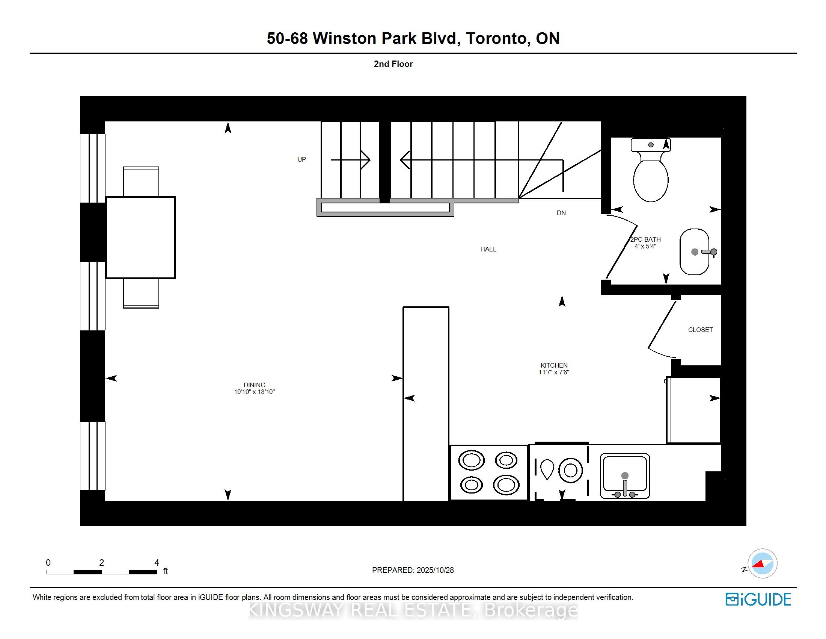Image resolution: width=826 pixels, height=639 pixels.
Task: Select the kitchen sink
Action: (625, 475)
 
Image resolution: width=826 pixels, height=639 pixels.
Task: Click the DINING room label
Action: (254, 385)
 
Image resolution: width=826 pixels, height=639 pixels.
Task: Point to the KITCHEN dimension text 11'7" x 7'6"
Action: (554, 372)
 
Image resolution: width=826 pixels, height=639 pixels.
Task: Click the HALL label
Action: (488, 249)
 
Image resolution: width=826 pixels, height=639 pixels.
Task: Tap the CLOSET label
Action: (700, 330)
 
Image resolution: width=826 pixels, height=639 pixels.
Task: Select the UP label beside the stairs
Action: (301, 159)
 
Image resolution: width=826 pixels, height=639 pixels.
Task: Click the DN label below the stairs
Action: (561, 213)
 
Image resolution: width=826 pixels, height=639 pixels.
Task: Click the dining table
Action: (140, 237)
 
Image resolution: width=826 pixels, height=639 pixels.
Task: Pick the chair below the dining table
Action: (141, 294)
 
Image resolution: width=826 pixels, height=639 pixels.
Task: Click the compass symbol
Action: (762, 563)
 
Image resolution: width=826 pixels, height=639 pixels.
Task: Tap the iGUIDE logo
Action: (758, 599)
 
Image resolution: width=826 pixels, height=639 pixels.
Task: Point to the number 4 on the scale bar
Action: (157, 563)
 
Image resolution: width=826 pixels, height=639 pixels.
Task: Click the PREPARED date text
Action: (413, 570)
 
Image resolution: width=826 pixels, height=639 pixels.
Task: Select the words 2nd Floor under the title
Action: (393, 64)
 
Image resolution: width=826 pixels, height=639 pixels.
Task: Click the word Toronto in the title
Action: (496, 39)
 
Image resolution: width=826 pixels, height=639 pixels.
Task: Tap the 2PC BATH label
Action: (645, 239)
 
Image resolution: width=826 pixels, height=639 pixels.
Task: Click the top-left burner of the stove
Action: (471, 461)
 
